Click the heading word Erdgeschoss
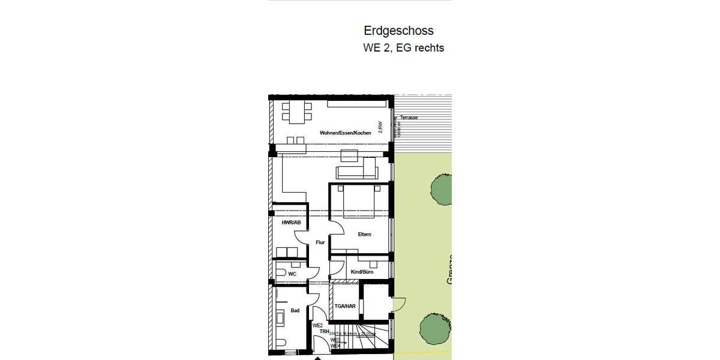pyautogui.click(x=398, y=31)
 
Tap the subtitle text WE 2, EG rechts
pyautogui.click(x=403, y=48)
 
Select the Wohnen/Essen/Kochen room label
pyautogui.click(x=341, y=133)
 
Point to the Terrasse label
pyautogui.click(x=409, y=118)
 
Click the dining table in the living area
pyautogui.click(x=298, y=112)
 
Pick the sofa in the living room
pyautogui.click(x=356, y=173)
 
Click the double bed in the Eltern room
pyautogui.click(x=358, y=202)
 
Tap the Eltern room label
pyautogui.click(x=364, y=234)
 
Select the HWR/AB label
pyautogui.click(x=291, y=223)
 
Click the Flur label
pyautogui.click(x=320, y=242)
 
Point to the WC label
pyautogui.click(x=292, y=274)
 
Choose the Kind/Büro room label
pyautogui.click(x=362, y=272)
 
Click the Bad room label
pyautogui.click(x=295, y=311)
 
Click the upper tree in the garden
pyautogui.click(x=440, y=188)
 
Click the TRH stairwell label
pyautogui.click(x=323, y=332)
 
